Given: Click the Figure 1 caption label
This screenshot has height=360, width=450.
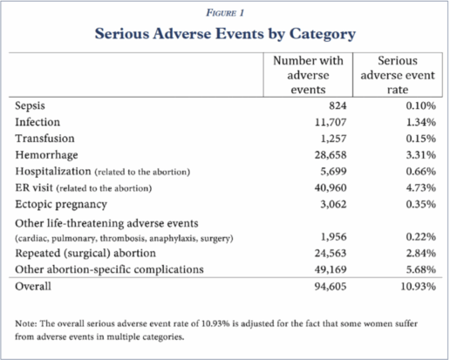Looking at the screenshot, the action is click(x=225, y=13).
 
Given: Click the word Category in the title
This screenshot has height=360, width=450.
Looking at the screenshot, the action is click(x=323, y=34).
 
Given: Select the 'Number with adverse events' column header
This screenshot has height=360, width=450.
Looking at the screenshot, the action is click(x=308, y=75).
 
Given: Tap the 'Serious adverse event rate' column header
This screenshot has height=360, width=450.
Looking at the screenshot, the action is click(x=398, y=75).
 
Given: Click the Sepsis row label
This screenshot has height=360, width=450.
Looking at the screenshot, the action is click(x=30, y=105).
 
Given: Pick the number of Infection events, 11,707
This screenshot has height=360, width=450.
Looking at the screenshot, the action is click(x=331, y=122).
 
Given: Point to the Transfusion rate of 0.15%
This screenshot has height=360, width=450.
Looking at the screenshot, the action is click(x=421, y=139).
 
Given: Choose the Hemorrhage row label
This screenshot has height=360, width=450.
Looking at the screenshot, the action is click(x=46, y=155).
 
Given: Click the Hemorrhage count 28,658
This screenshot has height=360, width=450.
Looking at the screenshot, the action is click(x=331, y=155).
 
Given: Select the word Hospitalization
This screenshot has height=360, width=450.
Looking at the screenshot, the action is click(x=53, y=171).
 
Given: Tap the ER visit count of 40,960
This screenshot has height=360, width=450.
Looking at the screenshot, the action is click(x=331, y=187).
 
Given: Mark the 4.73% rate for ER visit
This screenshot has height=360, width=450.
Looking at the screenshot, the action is click(x=421, y=187).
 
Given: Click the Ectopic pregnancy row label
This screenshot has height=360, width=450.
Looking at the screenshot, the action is click(x=61, y=205).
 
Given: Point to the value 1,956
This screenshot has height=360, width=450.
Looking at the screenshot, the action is click(x=334, y=237).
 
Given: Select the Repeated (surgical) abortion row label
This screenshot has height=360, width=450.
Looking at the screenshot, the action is click(x=85, y=254).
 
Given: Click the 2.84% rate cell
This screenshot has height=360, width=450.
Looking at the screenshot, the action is click(x=421, y=253).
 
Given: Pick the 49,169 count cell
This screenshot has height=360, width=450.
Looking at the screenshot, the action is click(x=331, y=269).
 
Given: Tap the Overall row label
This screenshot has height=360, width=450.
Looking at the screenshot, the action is click(x=33, y=287).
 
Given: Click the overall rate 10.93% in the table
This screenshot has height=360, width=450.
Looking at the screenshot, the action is click(x=419, y=287).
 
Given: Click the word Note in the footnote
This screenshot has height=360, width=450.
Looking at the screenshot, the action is click(x=24, y=323).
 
